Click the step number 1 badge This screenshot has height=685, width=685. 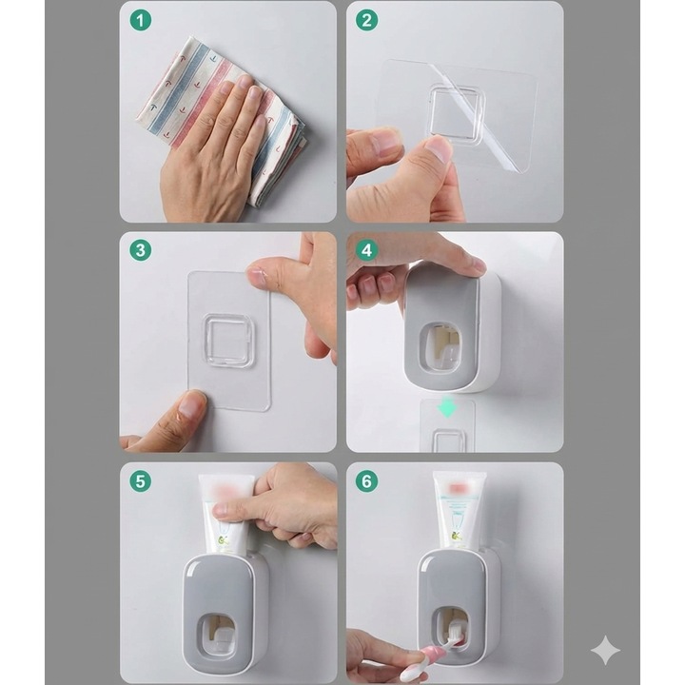click(140, 20)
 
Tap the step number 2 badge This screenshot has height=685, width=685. click(366, 20)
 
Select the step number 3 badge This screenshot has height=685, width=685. click(140, 251)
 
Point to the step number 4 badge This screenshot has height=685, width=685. click(366, 251)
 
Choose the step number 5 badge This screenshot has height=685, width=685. click(140, 481)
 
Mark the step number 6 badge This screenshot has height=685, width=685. click(366, 481)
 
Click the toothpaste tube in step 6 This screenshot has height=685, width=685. click(460, 510)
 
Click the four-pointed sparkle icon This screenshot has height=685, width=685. click(605, 651)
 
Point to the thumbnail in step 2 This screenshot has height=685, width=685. click(439, 149)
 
